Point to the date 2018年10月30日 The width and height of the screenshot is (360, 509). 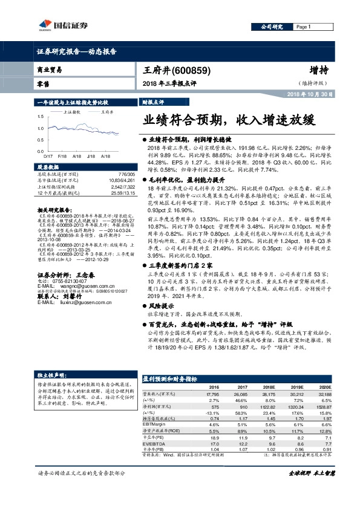coord(309,95)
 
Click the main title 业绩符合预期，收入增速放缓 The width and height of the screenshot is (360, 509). coord(229,119)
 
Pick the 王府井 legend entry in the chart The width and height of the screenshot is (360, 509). coord(106,112)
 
